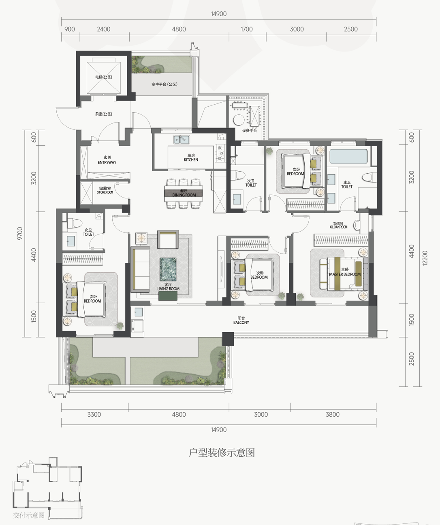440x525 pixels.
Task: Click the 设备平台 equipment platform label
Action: [x=250, y=131]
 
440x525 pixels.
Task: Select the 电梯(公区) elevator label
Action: [x=104, y=77]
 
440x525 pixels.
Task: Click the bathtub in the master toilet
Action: [x=348, y=157]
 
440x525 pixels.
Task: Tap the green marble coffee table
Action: [x=168, y=269]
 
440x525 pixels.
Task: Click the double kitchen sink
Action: [x=182, y=140]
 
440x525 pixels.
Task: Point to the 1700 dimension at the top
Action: [x=246, y=29]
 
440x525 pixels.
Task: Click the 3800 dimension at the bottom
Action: [x=332, y=414]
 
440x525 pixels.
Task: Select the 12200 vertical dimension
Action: [x=425, y=258]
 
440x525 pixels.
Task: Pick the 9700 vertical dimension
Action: [x=20, y=234]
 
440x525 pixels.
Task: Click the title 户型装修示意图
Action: [x=222, y=453]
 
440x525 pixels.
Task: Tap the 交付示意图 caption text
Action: [x=29, y=515]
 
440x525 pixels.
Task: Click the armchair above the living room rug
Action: [x=168, y=240]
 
